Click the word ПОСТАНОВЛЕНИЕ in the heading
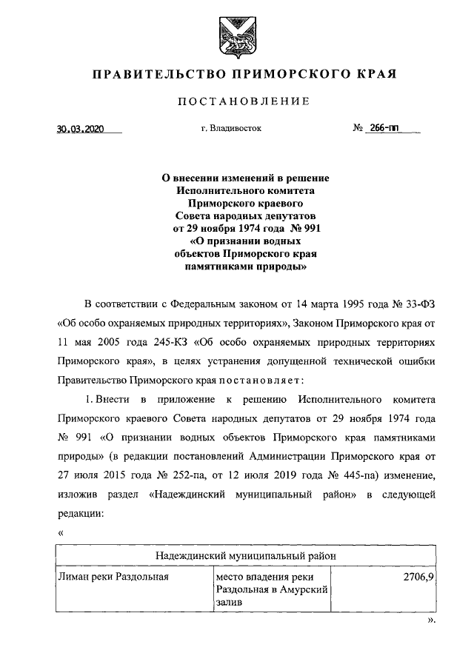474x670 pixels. tap(237, 101)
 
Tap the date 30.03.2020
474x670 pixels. tap(81, 128)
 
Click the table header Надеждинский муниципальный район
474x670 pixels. tap(246, 555)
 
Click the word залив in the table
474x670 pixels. tap(230, 604)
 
